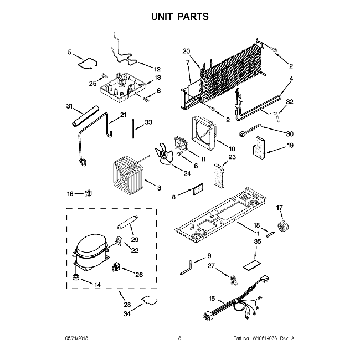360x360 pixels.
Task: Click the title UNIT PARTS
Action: point(180,17)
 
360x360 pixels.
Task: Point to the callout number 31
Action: point(70,107)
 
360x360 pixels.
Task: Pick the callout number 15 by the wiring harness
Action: point(211,299)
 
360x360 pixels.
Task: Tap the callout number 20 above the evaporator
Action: point(186,52)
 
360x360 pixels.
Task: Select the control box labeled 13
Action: point(121,86)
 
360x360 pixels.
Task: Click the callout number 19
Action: point(290,146)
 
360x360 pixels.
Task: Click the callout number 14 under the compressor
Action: point(97,285)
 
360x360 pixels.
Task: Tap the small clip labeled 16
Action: point(87,193)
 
